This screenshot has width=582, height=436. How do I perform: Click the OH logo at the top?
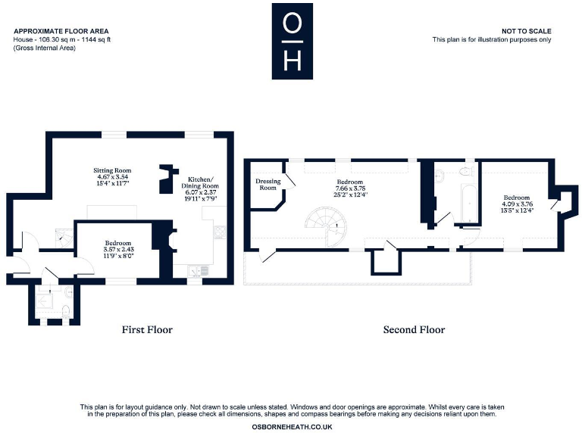(x=291, y=41)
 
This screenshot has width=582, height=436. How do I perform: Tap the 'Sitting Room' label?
(x=112, y=171)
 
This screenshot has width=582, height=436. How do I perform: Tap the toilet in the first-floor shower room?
(x=66, y=310)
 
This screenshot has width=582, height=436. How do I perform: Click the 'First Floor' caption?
(x=147, y=330)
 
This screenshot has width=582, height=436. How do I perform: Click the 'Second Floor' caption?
(x=414, y=330)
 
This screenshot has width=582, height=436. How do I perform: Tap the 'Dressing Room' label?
(x=268, y=184)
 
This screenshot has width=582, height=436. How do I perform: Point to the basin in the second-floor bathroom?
(x=440, y=176)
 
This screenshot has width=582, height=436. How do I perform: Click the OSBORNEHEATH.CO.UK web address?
(x=291, y=428)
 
